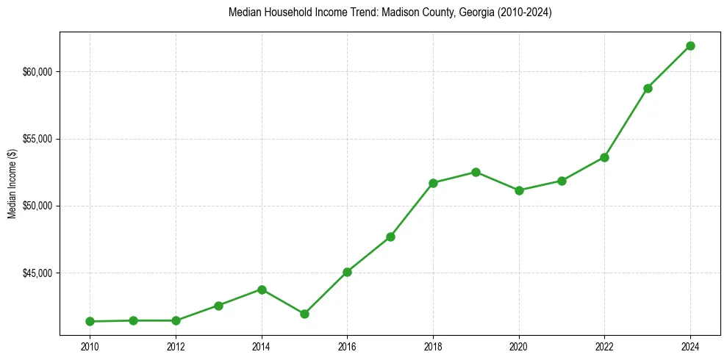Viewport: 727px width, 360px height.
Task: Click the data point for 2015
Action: pos(304,314)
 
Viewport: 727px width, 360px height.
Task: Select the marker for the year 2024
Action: pos(690,46)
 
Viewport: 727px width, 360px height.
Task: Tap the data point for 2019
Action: pos(476,172)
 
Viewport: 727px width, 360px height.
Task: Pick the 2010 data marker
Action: pos(90,321)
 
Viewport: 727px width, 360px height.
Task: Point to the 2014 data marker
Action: pos(262,289)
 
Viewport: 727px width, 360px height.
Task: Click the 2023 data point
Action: pos(648,88)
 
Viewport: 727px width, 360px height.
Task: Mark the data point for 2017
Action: pos(390,237)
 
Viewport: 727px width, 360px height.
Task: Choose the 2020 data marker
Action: pos(519,190)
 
